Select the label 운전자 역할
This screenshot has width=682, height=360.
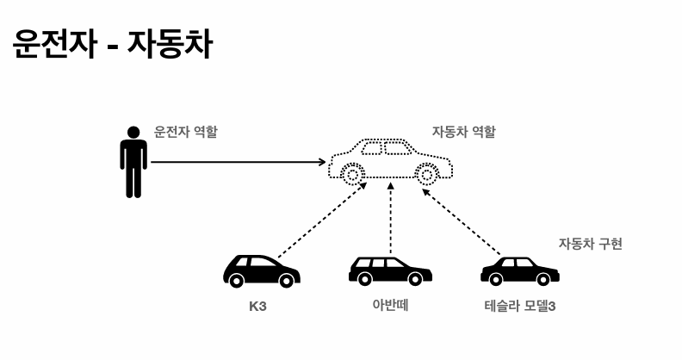(x=185, y=133)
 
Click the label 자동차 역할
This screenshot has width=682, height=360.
(x=463, y=133)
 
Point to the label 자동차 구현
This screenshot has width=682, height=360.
(x=590, y=244)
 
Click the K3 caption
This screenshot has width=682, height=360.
(x=257, y=306)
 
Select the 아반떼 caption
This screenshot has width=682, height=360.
(x=389, y=305)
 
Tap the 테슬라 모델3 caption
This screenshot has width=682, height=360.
(x=520, y=306)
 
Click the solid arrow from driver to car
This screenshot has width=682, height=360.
(x=237, y=161)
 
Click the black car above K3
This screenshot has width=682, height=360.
(x=261, y=270)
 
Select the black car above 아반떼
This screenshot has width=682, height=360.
(x=390, y=270)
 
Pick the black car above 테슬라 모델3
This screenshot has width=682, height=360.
(x=519, y=270)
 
